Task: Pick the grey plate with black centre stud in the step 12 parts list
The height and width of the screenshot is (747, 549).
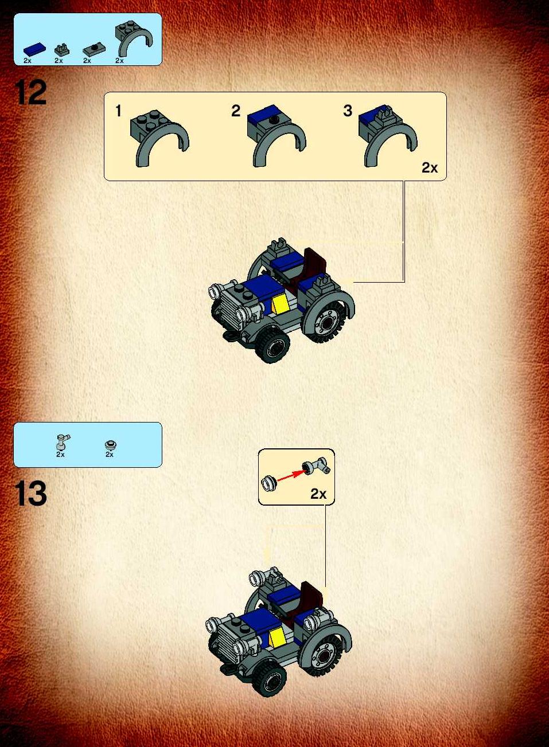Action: [x=94, y=50]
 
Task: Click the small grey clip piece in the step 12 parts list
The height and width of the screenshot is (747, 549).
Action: [x=62, y=50]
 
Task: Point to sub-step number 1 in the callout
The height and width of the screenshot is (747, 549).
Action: [x=118, y=111]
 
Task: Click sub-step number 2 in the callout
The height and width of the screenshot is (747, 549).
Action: [x=236, y=111]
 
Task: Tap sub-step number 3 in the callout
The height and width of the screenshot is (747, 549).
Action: [x=348, y=111]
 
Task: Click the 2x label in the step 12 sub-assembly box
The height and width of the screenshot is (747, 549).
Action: [x=430, y=168]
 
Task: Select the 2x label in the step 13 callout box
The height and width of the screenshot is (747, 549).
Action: [x=318, y=494]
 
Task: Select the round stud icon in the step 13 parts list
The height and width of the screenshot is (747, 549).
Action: [x=110, y=444]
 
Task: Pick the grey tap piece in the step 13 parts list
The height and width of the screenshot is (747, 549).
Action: [x=63, y=442]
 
